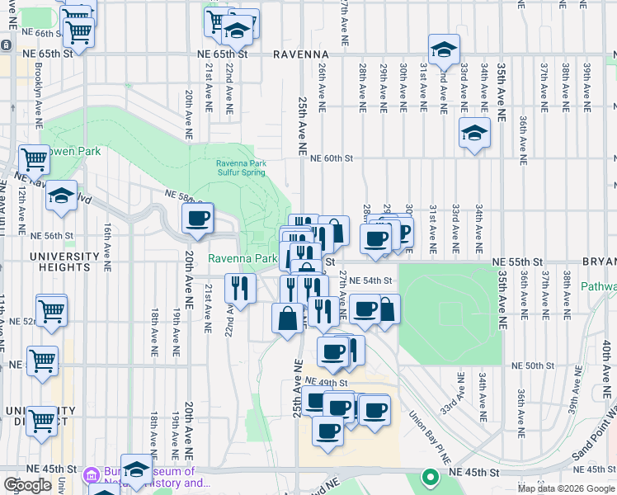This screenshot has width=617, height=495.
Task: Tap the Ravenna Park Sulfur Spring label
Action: pos(241,167)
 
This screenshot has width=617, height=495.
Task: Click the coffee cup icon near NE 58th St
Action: pos(197,219)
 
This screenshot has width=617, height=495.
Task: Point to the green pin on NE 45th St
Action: pos(429,477)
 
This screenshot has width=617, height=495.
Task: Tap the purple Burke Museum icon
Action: pos(92,476)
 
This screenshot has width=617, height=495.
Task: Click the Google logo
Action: pos(27,485)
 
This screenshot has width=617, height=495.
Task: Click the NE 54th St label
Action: pos(370,280)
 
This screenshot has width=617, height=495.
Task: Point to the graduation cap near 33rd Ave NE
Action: pos(474,133)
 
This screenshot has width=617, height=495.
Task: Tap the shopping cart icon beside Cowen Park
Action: pos(35,158)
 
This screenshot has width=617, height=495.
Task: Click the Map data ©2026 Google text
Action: pos(566,488)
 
